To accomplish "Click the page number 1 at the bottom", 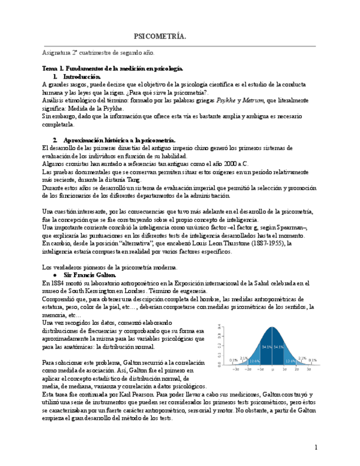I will (x=316, y=447).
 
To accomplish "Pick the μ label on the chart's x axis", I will (x=272, y=370).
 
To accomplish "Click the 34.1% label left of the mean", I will (x=266, y=347).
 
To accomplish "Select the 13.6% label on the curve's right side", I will (x=291, y=361).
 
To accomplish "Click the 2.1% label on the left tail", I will (x=243, y=358).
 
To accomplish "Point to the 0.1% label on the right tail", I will (x=312, y=360).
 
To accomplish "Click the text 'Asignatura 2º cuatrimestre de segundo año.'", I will (x=99, y=53).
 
